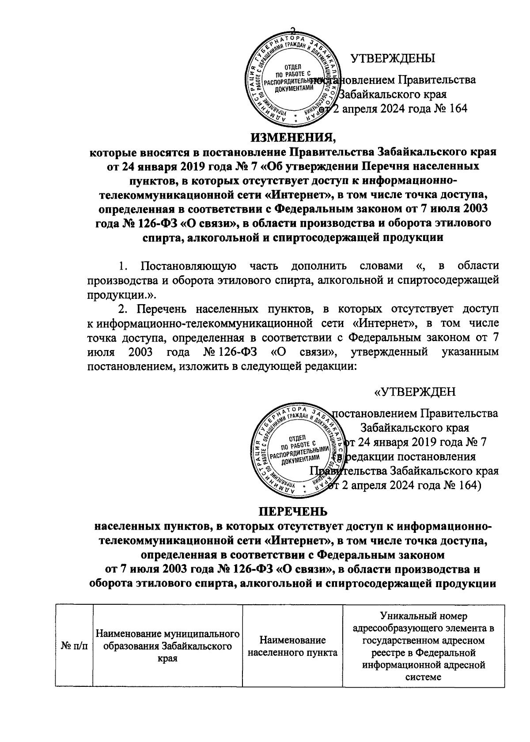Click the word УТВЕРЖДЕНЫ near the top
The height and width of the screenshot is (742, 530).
[x=392, y=58]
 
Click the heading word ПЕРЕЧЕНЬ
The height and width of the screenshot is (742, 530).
[x=293, y=512]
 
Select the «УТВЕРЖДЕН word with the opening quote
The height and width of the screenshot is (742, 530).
[x=415, y=392]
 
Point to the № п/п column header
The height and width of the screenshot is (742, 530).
[x=74, y=646]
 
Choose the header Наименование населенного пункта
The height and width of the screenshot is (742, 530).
[x=293, y=646]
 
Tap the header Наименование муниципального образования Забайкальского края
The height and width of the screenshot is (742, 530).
[x=165, y=646]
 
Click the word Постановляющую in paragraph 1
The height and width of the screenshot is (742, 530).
[x=187, y=266]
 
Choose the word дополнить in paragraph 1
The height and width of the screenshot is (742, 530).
[x=317, y=266]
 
